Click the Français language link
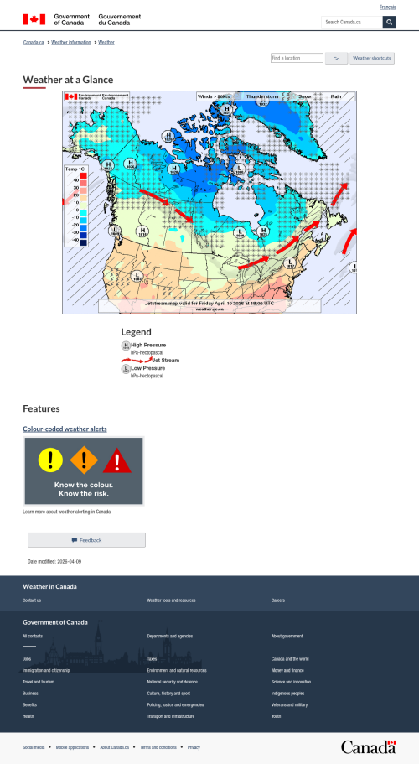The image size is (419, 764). point(388,7)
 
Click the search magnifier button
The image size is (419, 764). point(389,22)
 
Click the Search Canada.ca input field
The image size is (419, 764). point(352,22)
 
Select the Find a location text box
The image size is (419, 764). point(297,58)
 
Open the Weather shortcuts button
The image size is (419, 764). point(371,58)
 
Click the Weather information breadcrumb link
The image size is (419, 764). point(71,41)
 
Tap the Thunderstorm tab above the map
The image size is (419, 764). point(261,96)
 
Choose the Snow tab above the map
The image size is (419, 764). point(305,96)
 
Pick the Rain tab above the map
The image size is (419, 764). point(336,96)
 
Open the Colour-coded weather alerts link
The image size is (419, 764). point(65,429)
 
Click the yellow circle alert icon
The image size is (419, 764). point(50,459)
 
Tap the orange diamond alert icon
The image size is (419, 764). point(84,459)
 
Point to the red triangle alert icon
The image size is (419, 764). point(117,460)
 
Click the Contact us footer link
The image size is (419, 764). point(32,600)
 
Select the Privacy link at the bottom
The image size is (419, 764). point(194,746)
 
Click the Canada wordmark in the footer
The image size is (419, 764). point(368,746)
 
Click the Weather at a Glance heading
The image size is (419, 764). point(68,80)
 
